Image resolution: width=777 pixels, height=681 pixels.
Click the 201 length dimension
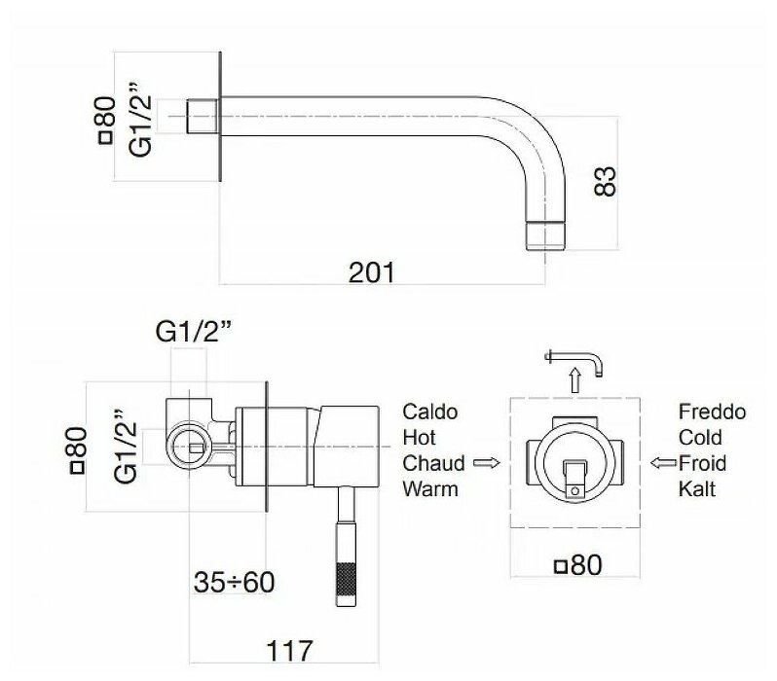(372, 273)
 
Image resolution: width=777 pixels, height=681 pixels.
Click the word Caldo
(428, 412)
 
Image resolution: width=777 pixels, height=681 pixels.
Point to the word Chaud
(432, 463)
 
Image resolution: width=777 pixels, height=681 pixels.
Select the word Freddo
(712, 412)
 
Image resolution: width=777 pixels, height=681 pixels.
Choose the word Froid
(700, 463)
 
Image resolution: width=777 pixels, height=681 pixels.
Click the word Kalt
(696, 488)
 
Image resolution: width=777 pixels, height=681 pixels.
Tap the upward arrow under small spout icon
(574, 379)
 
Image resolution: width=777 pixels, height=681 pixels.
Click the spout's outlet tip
(543, 237)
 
